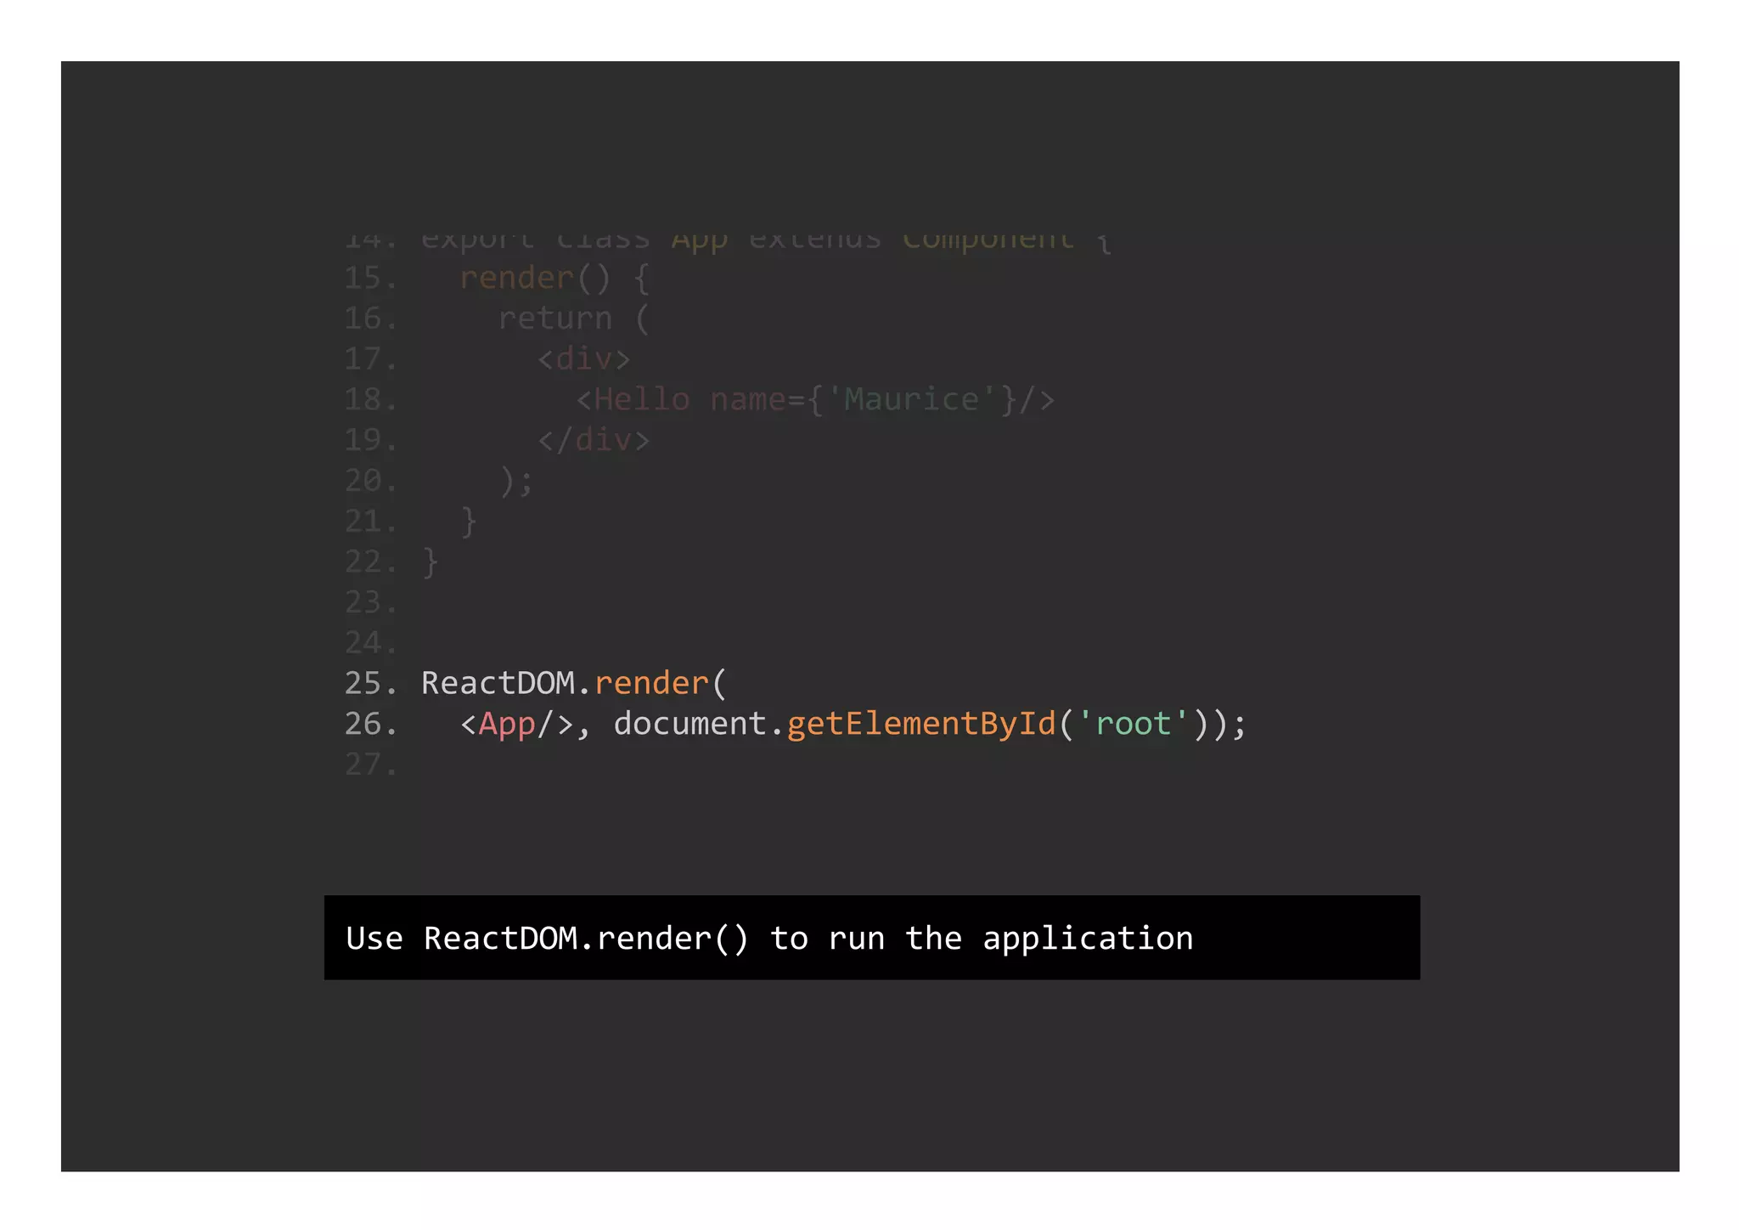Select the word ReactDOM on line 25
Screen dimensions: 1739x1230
point(498,684)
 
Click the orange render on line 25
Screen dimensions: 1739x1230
point(651,684)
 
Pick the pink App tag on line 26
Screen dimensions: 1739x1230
point(507,725)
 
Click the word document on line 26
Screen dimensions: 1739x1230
point(689,725)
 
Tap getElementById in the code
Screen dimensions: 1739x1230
point(921,725)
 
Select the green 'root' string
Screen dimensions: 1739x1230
point(1134,725)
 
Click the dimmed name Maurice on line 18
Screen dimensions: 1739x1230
point(911,400)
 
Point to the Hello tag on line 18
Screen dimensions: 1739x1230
point(641,400)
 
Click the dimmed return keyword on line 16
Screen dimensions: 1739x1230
point(554,319)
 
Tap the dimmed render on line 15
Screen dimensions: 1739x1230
point(516,279)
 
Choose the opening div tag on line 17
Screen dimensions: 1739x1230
point(584,359)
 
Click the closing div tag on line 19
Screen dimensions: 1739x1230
point(594,441)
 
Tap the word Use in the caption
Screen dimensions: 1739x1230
point(374,939)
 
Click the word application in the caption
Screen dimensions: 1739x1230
point(1088,939)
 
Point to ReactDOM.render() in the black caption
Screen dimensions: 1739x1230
point(586,939)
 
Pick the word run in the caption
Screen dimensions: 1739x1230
point(856,939)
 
